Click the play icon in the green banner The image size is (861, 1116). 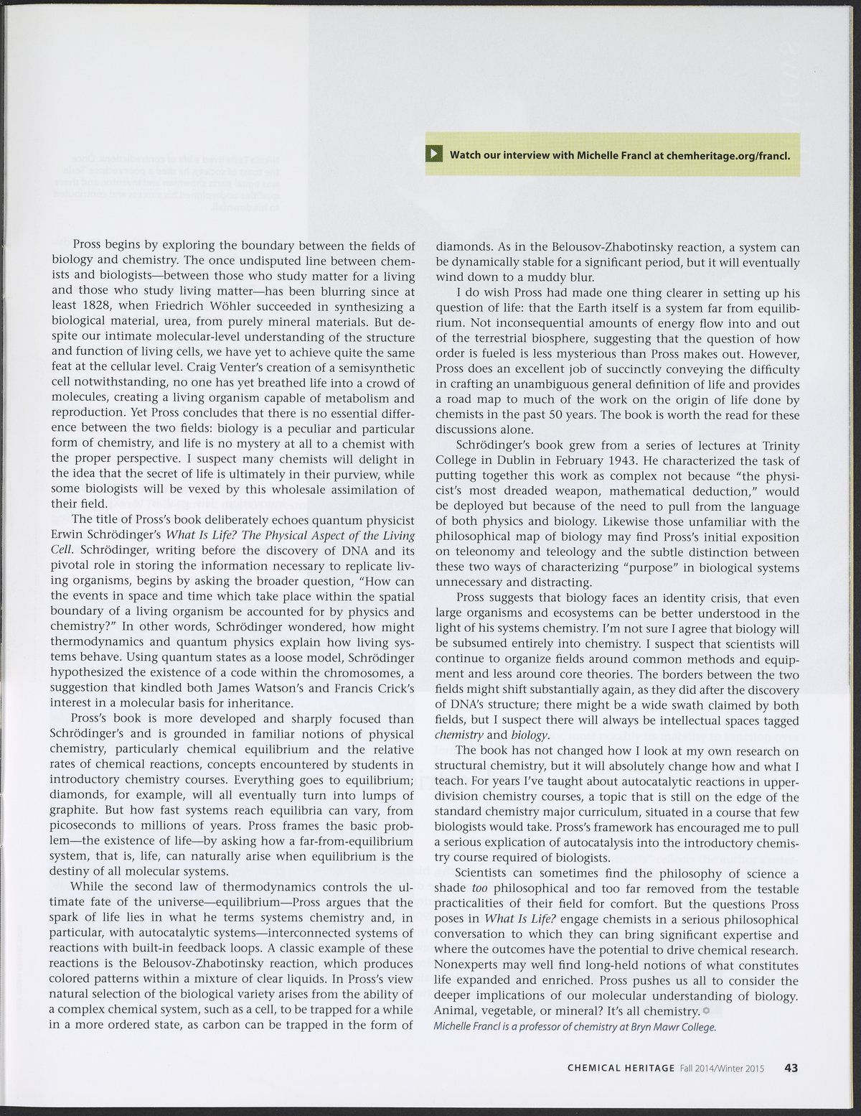click(x=435, y=154)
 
